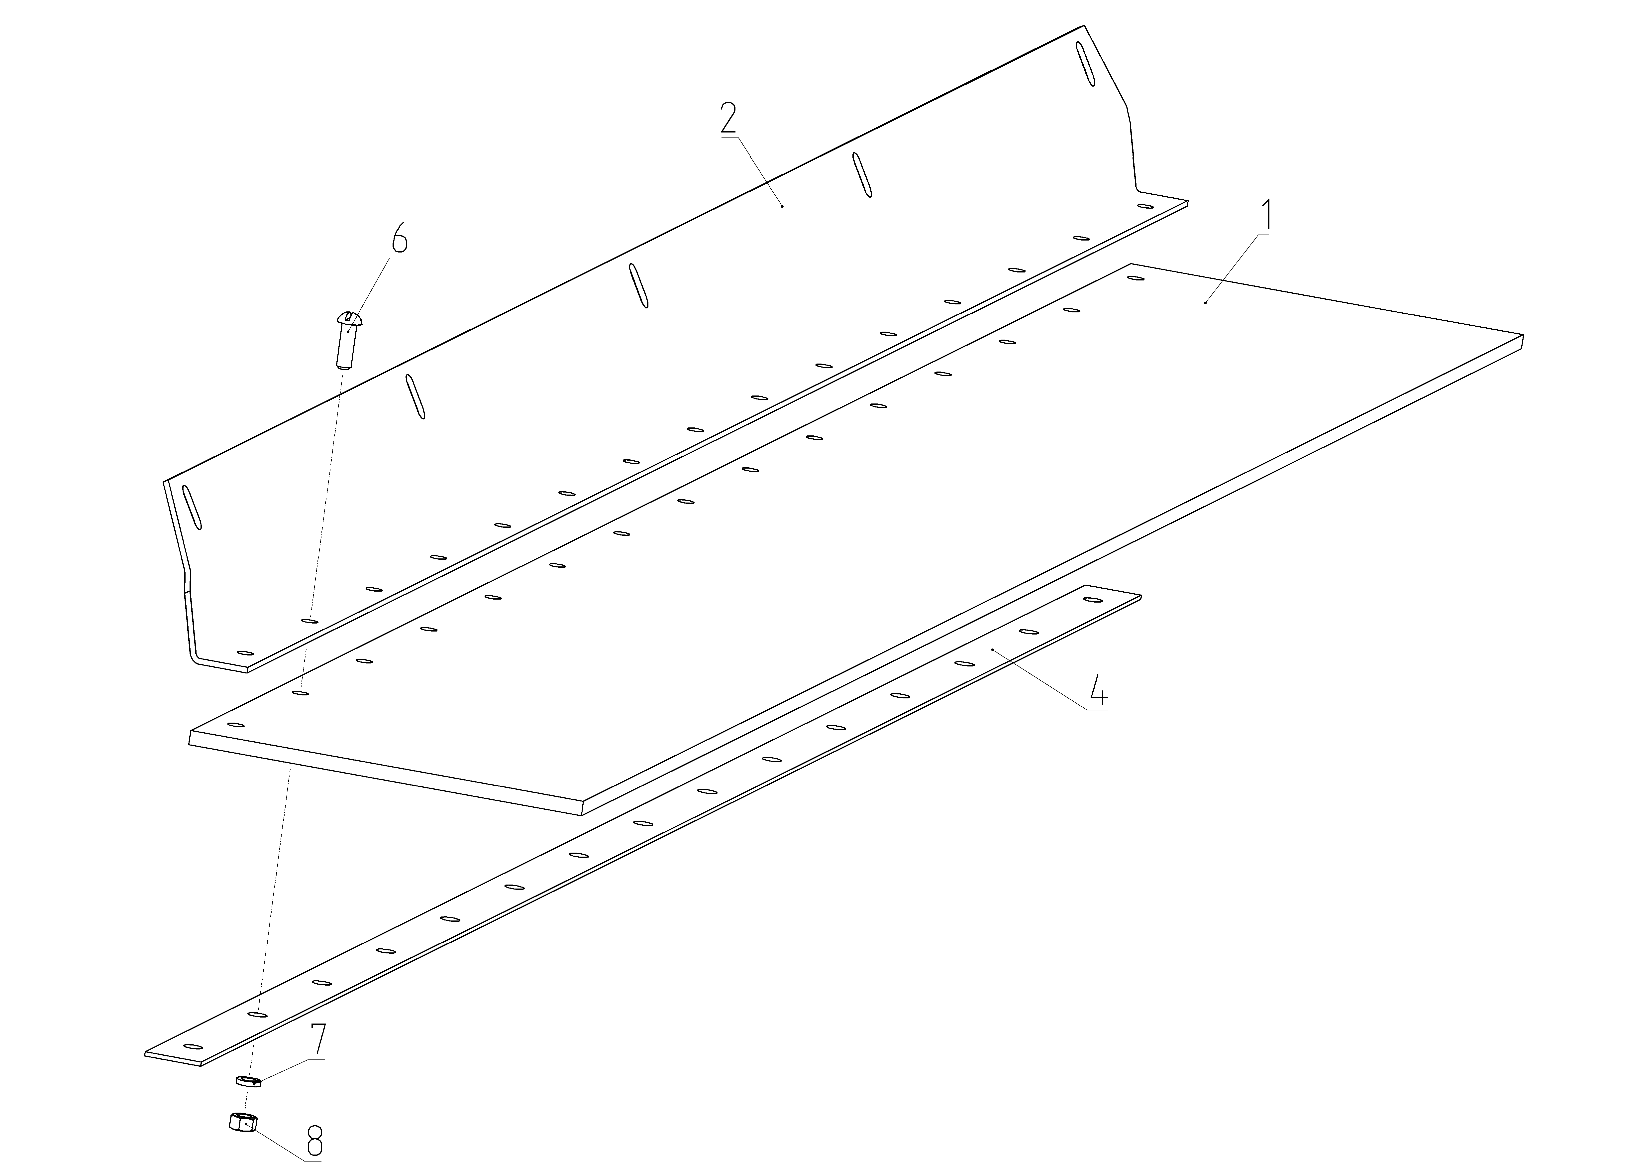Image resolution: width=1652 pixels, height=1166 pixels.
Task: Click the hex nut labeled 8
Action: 243,1121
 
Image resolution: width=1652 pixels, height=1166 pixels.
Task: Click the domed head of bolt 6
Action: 349,317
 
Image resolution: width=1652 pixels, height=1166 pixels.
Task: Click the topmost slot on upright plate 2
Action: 1085,64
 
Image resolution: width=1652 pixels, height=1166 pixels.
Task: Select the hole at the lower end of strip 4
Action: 193,1046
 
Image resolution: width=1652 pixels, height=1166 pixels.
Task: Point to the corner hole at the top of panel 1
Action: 1136,278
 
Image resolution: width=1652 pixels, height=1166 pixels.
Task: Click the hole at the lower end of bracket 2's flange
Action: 245,653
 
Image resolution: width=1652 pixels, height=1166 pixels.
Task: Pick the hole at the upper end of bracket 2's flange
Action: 1145,207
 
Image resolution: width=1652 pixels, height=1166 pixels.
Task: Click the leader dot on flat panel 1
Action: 1205,303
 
